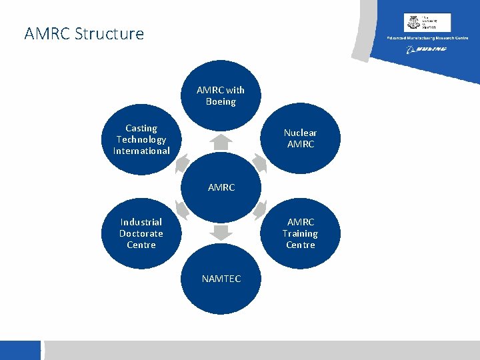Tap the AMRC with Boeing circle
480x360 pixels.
point(221,96)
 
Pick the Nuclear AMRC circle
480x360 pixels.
point(300,139)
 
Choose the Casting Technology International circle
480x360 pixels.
point(141,140)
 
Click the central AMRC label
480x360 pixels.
point(221,187)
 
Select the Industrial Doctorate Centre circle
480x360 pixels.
point(141,233)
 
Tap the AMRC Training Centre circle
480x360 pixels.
point(300,233)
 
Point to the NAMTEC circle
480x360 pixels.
point(221,279)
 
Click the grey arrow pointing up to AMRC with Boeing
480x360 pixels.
point(221,143)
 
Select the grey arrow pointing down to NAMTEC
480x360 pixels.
point(221,233)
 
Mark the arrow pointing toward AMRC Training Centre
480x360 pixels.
point(259,210)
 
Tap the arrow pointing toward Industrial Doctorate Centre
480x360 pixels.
point(183,210)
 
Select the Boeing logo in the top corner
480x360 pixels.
point(427,49)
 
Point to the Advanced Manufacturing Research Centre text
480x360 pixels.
point(428,38)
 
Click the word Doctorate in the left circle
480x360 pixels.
point(141,233)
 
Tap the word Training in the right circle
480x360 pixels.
point(300,233)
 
